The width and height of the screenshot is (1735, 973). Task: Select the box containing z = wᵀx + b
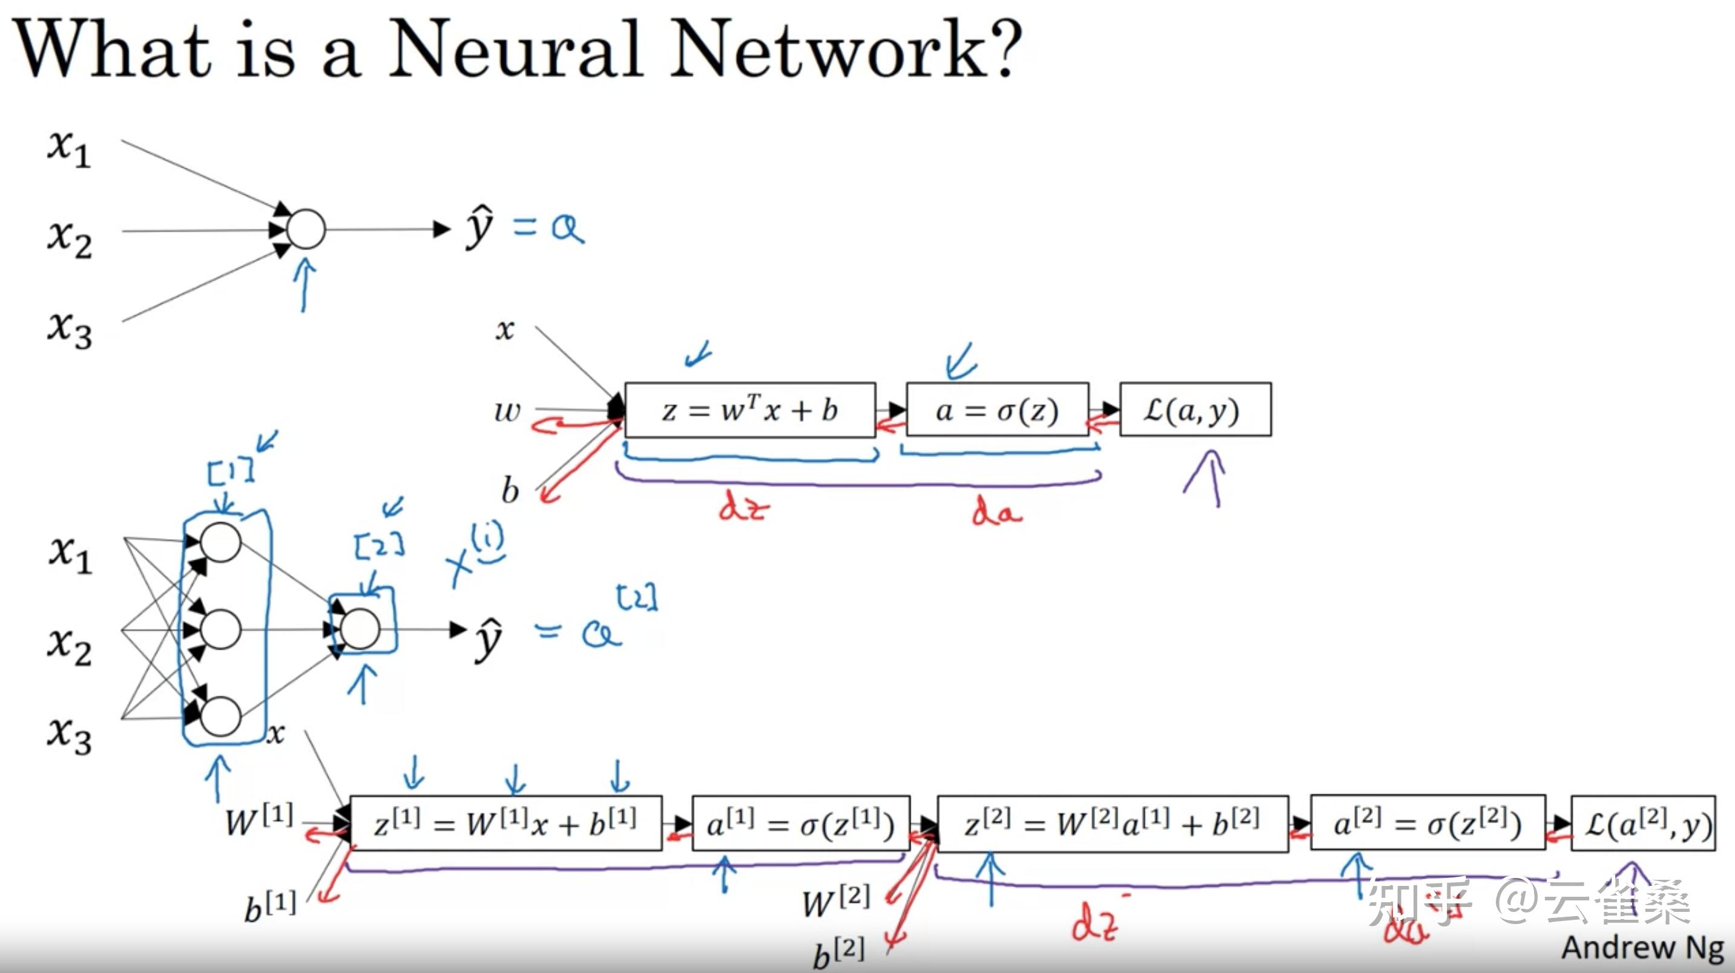(x=749, y=410)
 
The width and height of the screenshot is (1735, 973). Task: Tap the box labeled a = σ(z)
(x=997, y=410)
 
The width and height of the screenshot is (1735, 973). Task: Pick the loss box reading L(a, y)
(x=1195, y=410)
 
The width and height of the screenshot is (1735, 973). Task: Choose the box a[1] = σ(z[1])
(x=800, y=824)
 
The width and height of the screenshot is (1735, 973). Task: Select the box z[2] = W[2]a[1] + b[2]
(x=1112, y=824)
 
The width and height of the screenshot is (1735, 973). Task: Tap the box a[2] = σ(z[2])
(x=1427, y=824)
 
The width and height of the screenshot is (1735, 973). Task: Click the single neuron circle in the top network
(x=306, y=229)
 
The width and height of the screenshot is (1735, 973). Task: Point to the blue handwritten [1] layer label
(x=231, y=471)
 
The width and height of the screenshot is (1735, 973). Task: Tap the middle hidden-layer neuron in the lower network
(x=220, y=629)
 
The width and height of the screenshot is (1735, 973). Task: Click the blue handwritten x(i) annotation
(x=475, y=556)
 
